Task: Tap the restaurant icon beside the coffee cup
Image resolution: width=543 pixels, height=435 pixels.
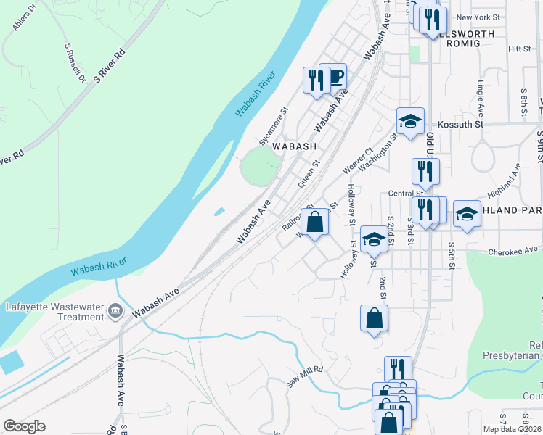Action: click(316, 79)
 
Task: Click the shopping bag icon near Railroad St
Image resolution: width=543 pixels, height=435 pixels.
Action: click(314, 221)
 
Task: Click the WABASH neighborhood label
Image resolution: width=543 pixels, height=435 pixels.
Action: click(294, 146)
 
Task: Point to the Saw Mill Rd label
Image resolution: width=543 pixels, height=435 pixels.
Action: click(303, 376)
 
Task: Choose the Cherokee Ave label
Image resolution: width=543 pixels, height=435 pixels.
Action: click(518, 250)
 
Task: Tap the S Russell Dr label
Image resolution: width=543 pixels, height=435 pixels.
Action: click(75, 64)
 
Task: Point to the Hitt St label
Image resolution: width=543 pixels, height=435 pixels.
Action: click(520, 49)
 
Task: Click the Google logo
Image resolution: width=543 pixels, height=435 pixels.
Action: click(24, 426)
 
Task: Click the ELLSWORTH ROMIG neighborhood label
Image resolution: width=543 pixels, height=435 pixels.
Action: click(460, 38)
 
